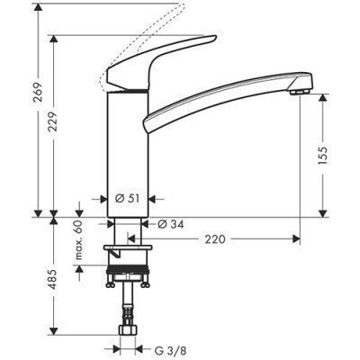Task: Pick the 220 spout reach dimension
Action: (215, 238)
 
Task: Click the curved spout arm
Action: (225, 99)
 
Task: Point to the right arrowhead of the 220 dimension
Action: (294, 238)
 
